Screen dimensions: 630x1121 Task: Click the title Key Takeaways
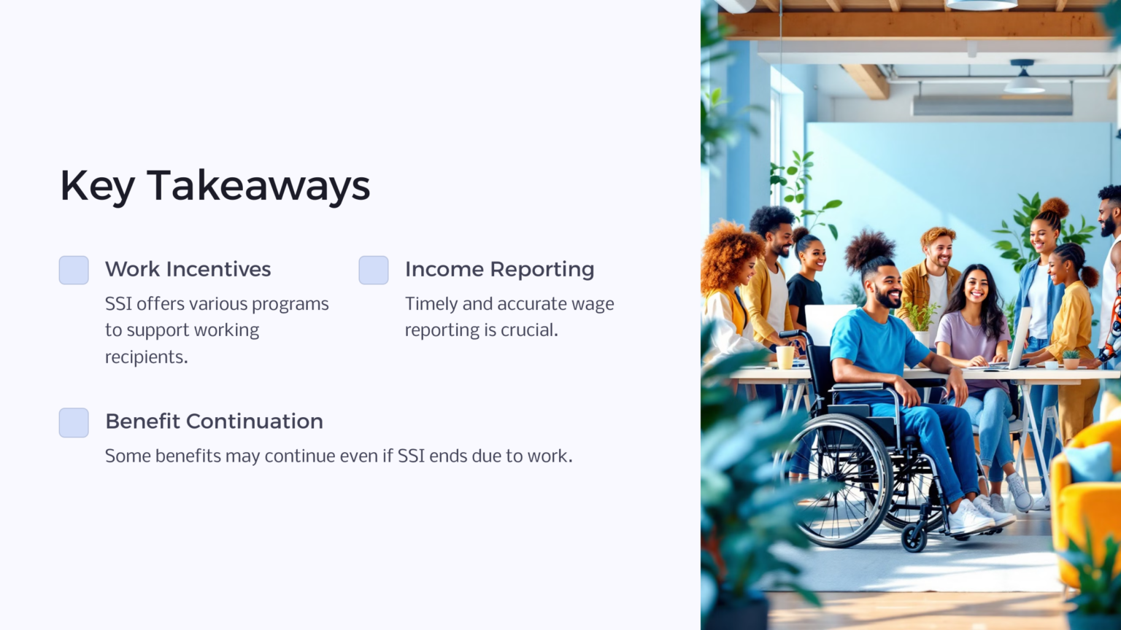pos(215,186)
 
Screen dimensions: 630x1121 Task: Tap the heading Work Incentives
pos(188,269)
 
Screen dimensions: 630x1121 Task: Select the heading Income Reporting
pos(499,269)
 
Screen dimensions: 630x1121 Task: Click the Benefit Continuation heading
pos(214,421)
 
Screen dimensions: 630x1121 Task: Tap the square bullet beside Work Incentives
pos(74,270)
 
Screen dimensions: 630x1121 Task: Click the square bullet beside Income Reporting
pos(374,270)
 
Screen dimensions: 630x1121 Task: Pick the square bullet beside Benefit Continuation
pos(74,422)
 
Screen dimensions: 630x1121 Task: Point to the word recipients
pos(146,357)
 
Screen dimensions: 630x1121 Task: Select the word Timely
pos(431,303)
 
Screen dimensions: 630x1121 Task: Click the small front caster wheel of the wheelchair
pos(914,538)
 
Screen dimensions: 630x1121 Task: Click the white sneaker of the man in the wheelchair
pos(969,518)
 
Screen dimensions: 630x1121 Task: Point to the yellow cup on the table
pos(785,357)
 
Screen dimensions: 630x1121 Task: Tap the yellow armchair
pos(1087,503)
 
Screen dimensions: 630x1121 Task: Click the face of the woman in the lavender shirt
pos(975,287)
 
